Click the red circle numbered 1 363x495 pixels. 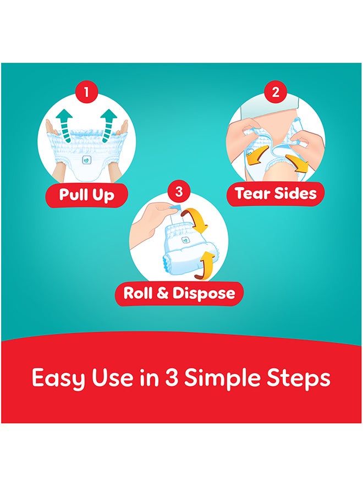coord(86,92)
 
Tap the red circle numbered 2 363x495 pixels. coord(276,92)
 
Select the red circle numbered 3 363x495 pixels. coord(179,191)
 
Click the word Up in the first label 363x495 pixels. coord(103,196)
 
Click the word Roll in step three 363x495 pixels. coord(137,293)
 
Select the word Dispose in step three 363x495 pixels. coord(204,293)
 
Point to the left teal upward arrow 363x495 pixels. coord(65,125)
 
